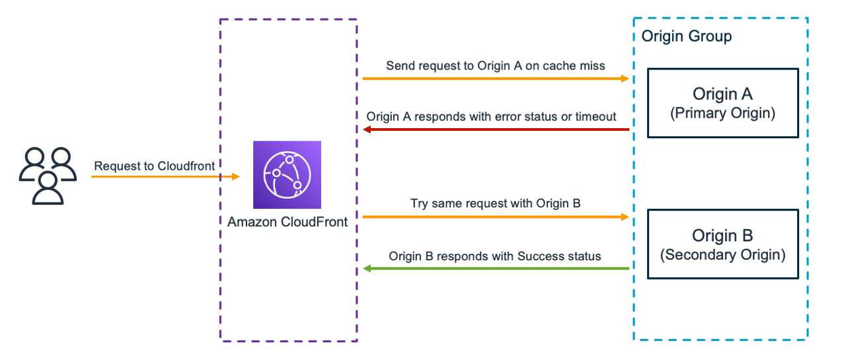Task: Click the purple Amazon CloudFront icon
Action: (287, 174)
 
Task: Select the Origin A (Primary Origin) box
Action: (722, 102)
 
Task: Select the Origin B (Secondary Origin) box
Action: (722, 244)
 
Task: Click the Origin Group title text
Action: (687, 36)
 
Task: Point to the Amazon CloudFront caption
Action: (288, 222)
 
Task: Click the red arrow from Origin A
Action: (496, 129)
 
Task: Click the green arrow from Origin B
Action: (496, 269)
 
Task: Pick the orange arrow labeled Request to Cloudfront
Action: (165, 177)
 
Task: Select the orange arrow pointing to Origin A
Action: (496, 79)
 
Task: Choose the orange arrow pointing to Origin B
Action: (496, 216)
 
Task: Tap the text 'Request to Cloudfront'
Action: (155, 166)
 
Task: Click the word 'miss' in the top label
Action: (592, 65)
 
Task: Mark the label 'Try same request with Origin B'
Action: (496, 203)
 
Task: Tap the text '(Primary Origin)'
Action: (722, 113)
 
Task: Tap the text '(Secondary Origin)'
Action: (722, 254)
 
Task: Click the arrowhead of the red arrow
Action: (367, 129)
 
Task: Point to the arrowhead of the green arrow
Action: (367, 269)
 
